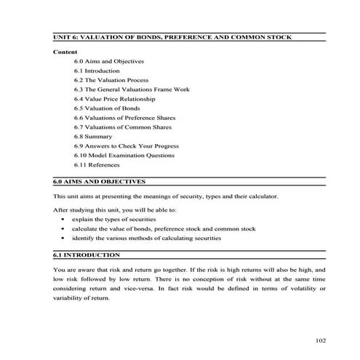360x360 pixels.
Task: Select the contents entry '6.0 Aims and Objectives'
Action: coord(108,61)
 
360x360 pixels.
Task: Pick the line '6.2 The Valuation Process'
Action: coord(111,80)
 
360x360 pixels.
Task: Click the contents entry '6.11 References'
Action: coord(97,164)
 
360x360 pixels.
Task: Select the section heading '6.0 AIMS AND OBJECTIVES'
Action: coord(100,181)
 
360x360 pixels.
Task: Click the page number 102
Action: coord(321,340)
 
